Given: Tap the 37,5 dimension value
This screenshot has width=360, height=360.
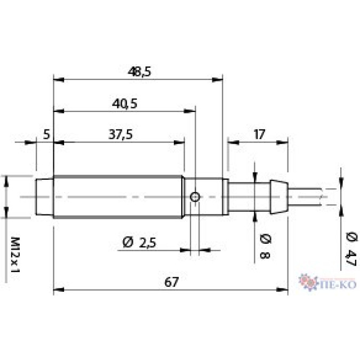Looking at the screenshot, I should click(x=121, y=135).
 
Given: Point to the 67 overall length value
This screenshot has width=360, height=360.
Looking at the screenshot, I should click(x=171, y=282).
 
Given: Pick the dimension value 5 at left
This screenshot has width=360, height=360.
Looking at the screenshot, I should click(x=46, y=135).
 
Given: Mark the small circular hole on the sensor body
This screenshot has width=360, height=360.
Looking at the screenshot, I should click(x=196, y=197).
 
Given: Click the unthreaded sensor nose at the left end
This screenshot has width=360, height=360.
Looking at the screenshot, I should click(x=45, y=197).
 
